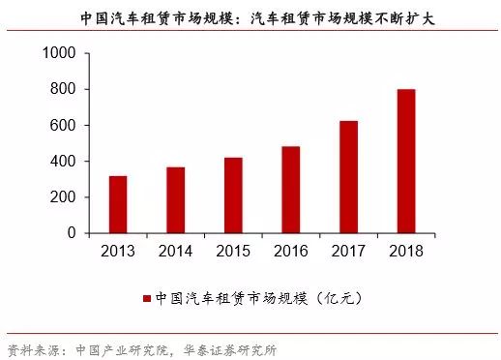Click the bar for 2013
point(118,204)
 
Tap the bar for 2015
point(233,195)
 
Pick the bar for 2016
point(290,190)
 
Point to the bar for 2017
point(348,177)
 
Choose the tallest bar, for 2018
point(405,161)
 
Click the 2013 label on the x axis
point(118,250)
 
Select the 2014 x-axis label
point(175,250)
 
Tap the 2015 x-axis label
point(233,250)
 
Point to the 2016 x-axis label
point(290,250)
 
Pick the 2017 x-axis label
point(348,250)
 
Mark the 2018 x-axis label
point(405,250)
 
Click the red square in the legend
point(147,298)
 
